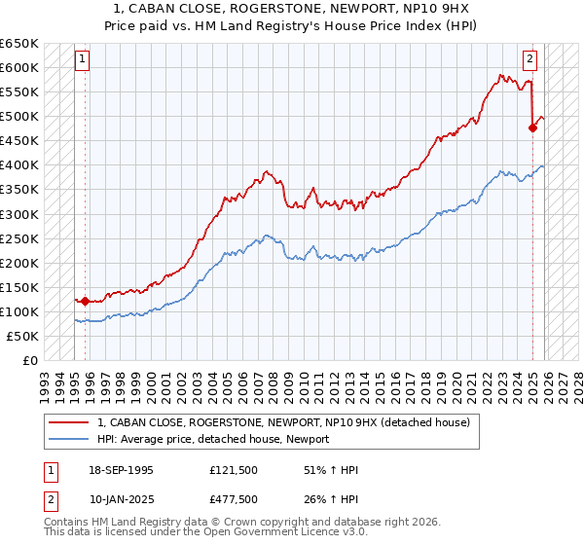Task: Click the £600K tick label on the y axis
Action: coord(19,67)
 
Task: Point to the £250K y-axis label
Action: coord(19,238)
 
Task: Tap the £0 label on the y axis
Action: coord(30,360)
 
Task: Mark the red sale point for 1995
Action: coord(86,301)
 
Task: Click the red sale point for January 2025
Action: coord(533,127)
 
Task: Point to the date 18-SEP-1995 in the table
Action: coord(121,470)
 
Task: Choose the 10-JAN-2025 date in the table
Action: coord(121,499)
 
